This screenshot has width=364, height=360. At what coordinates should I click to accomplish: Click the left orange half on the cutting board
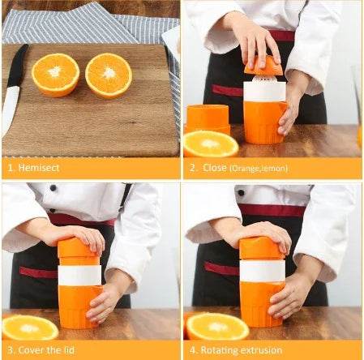(x=56, y=75)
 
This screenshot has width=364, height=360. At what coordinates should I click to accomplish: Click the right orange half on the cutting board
(x=109, y=75)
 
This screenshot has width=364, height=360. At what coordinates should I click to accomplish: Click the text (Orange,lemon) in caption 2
(x=259, y=169)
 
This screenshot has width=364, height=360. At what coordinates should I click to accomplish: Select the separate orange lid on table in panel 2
(x=208, y=117)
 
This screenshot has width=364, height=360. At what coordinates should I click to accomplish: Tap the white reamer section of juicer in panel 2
(x=265, y=90)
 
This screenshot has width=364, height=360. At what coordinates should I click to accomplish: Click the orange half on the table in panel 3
(x=30, y=327)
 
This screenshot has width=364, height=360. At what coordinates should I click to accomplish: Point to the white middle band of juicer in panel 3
(x=79, y=275)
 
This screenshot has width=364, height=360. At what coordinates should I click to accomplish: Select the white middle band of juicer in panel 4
(x=262, y=270)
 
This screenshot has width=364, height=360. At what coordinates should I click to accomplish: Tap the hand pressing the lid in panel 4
(x=263, y=234)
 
